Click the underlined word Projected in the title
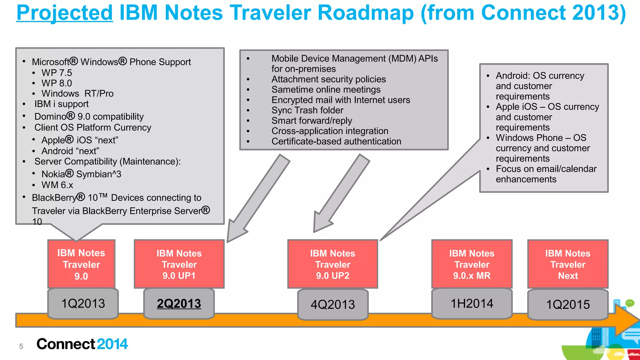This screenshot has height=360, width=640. pos(64,13)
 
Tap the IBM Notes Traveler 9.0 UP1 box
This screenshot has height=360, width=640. pos(179,264)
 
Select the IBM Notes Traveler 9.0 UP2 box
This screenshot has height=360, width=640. pos(332,264)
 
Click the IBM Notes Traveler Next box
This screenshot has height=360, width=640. pos(567,264)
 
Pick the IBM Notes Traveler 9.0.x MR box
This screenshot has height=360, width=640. pos(472,264)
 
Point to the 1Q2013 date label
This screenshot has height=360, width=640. pos(83,304)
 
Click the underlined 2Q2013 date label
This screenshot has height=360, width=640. pos(179,304)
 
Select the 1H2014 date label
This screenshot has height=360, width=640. pos(472,304)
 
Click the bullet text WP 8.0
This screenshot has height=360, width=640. pos(57,83)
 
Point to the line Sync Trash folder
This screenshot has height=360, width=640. pos(307,110)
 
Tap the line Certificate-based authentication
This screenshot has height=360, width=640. pos(336,142)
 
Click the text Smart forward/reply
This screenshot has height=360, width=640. pos(312,121)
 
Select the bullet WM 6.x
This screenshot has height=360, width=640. pos(57,185)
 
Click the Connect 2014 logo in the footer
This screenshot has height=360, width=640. pos(82,344)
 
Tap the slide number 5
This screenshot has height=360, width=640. pos(21,346)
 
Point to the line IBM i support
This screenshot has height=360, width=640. pos(61,104)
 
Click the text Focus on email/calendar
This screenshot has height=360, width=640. pos(546,169)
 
